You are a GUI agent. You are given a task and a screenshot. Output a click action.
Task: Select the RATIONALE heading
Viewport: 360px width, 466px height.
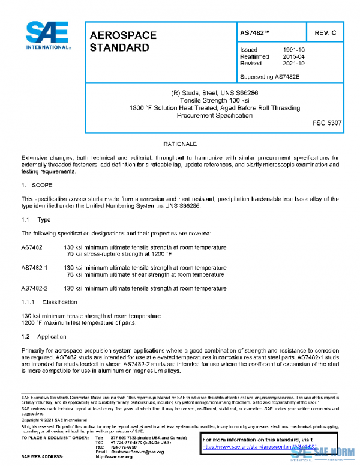[x=180, y=145]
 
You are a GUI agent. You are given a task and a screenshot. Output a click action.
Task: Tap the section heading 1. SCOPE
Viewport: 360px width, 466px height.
[x=37, y=186]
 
